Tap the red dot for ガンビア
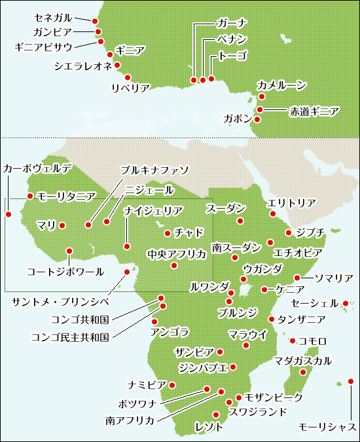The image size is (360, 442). tap(98, 31)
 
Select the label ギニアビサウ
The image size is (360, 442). tap(43, 46)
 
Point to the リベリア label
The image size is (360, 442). tap(130, 88)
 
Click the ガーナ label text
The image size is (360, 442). tap(230, 24)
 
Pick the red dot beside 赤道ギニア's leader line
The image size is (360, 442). tap(260, 110)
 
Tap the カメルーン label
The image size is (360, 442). tap(281, 85)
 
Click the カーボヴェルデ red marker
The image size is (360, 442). tap(9, 213)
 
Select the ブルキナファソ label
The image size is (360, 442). tap(155, 170)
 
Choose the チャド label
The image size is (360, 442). tap(189, 232)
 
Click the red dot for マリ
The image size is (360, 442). tap(62, 226)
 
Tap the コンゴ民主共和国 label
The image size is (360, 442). tap(70, 337)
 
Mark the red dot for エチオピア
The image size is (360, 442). tap(270, 243)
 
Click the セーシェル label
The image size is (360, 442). tap(313, 304)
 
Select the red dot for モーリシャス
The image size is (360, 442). tap(351, 381)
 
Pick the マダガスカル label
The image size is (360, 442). tap(303, 360)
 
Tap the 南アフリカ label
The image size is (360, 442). tap(130, 420)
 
